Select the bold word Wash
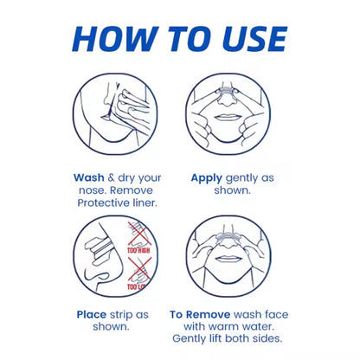point(89,177)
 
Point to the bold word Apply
point(207,178)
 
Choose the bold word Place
point(92,314)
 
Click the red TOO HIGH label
point(138,250)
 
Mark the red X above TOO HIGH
point(138,234)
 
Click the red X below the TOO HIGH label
point(140,269)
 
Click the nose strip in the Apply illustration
point(228,92)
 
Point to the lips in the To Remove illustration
point(228,259)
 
